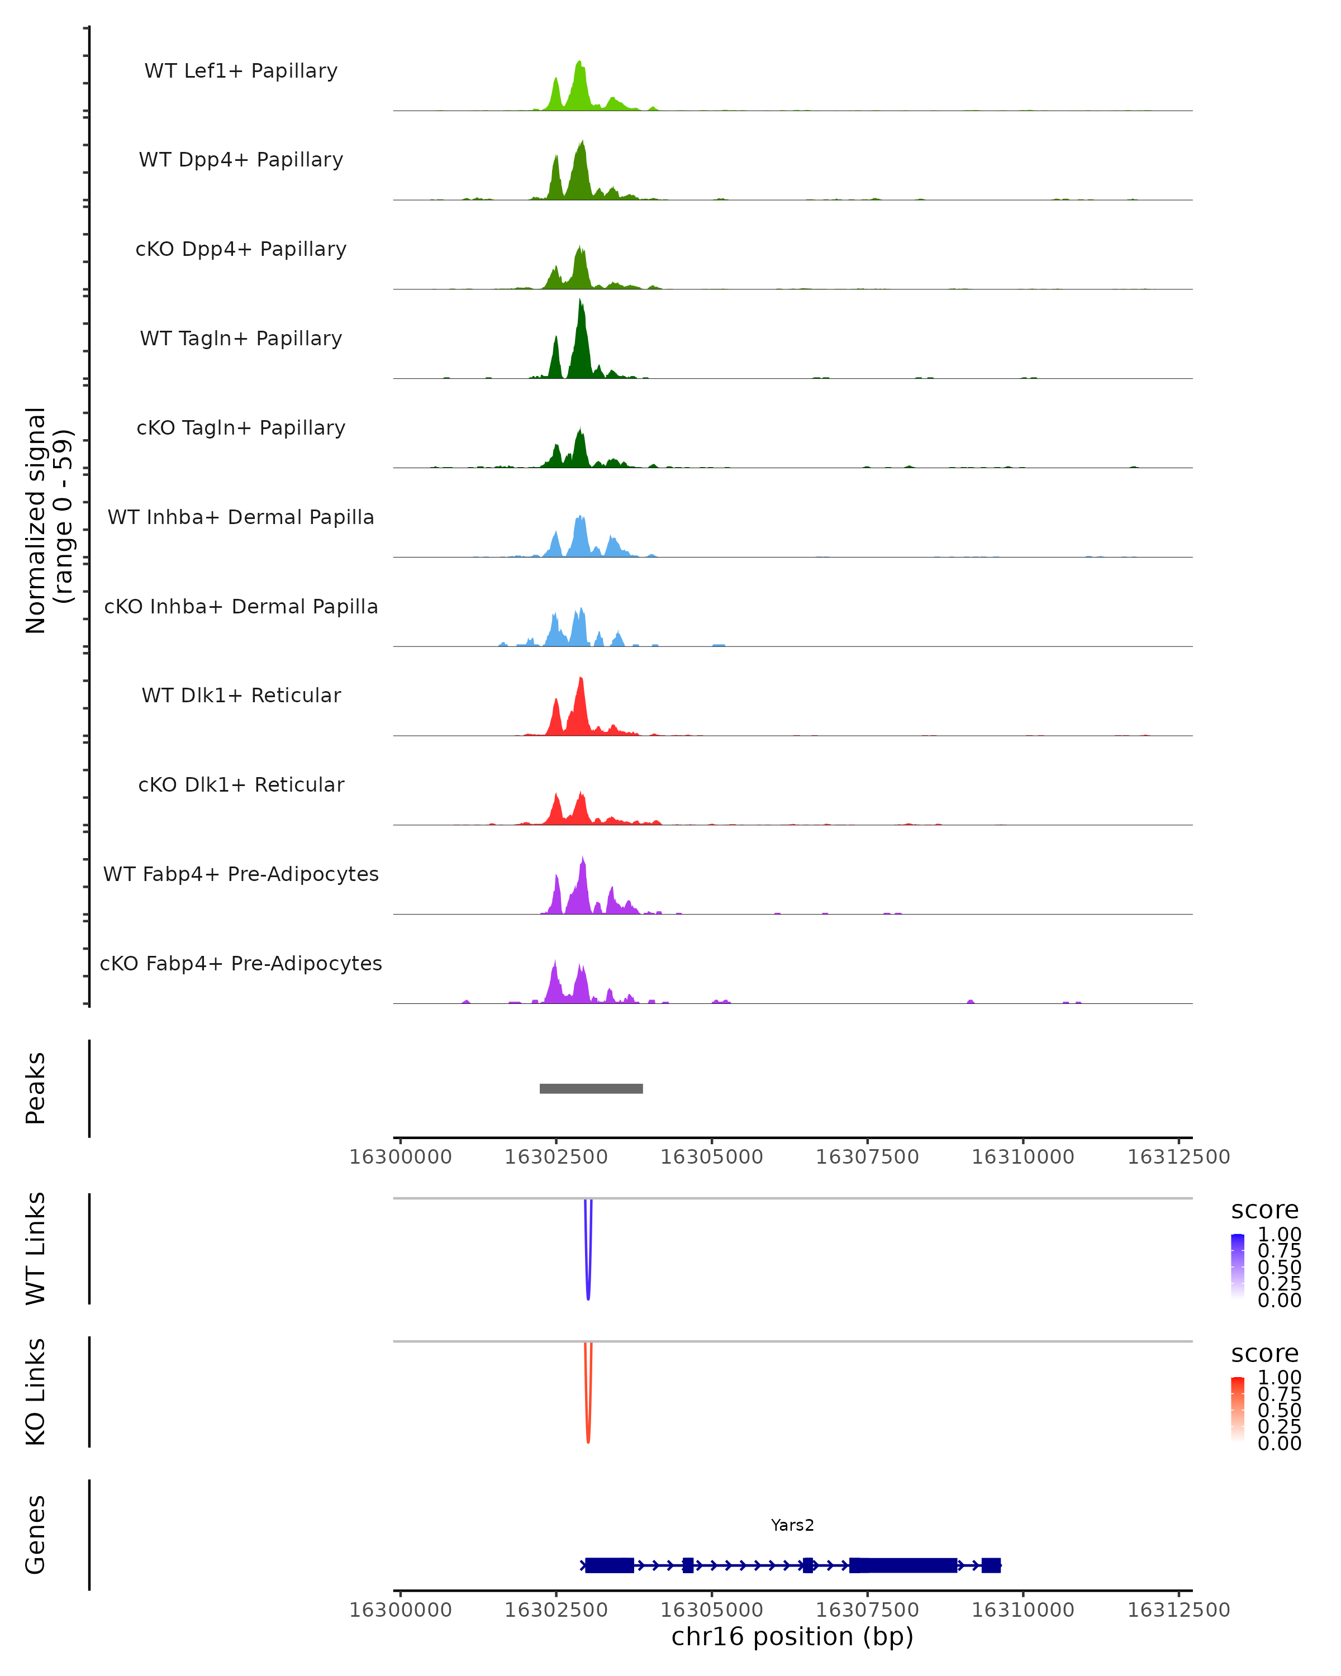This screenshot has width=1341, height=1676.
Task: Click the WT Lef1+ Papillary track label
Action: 241,71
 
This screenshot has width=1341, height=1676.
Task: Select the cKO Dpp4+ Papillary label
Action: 241,250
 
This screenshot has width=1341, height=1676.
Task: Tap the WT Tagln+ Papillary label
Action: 241,339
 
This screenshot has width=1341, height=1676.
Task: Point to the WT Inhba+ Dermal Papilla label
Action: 241,518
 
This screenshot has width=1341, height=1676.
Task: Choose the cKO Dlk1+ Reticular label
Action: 241,785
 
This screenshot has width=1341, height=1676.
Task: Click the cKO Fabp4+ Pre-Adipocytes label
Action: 241,964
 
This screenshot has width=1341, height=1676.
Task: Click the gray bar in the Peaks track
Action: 591,1088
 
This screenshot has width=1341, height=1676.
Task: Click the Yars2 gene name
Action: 792,1525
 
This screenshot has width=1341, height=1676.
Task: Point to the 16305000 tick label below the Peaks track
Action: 711,1157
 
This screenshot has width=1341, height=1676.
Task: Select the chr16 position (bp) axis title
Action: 792,1636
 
